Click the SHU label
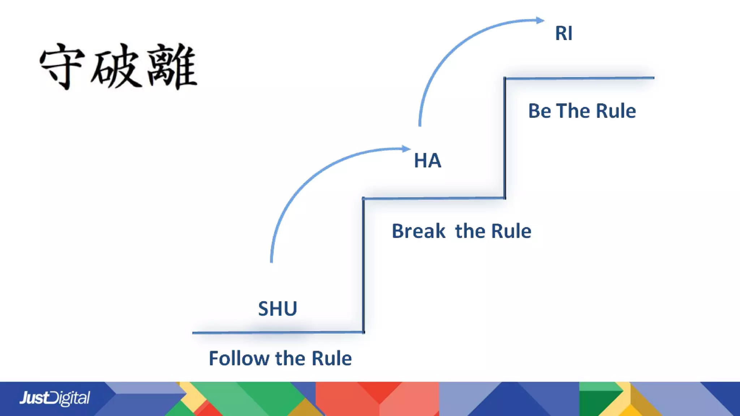[277, 309]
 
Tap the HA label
[427, 160]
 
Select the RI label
[564, 33]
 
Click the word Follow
[239, 359]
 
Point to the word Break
[418, 231]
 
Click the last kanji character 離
[172, 66]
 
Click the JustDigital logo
[55, 398]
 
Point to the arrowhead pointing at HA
[406, 148]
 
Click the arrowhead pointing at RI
[540, 20]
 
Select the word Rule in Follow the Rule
[331, 359]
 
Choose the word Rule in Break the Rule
[511, 231]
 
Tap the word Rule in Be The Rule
[616, 111]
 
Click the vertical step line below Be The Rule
[505, 144]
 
